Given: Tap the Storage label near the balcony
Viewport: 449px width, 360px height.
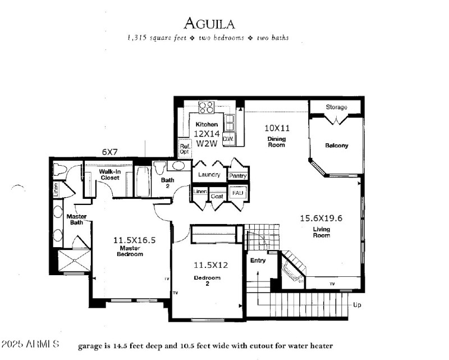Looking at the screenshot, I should pos(336,107).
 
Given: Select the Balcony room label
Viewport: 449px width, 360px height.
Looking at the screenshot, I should pos(336,145).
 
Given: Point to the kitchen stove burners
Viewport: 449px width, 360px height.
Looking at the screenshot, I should pos(206,107).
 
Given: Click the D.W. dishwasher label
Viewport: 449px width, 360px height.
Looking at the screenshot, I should pos(228,138).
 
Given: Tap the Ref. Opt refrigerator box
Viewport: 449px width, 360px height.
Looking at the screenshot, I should pos(184,148).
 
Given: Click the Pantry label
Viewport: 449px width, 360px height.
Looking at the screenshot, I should pos(238,176).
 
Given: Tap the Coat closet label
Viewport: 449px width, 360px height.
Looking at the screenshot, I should pos(218,197).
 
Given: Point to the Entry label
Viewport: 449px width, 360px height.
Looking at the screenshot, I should pos(258,260).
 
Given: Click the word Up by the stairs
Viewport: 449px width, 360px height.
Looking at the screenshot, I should pos(357,305).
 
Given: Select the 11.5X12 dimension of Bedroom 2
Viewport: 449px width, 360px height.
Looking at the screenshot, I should pos(207,265).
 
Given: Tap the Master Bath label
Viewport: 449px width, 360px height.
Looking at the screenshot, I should pos(76,220).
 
